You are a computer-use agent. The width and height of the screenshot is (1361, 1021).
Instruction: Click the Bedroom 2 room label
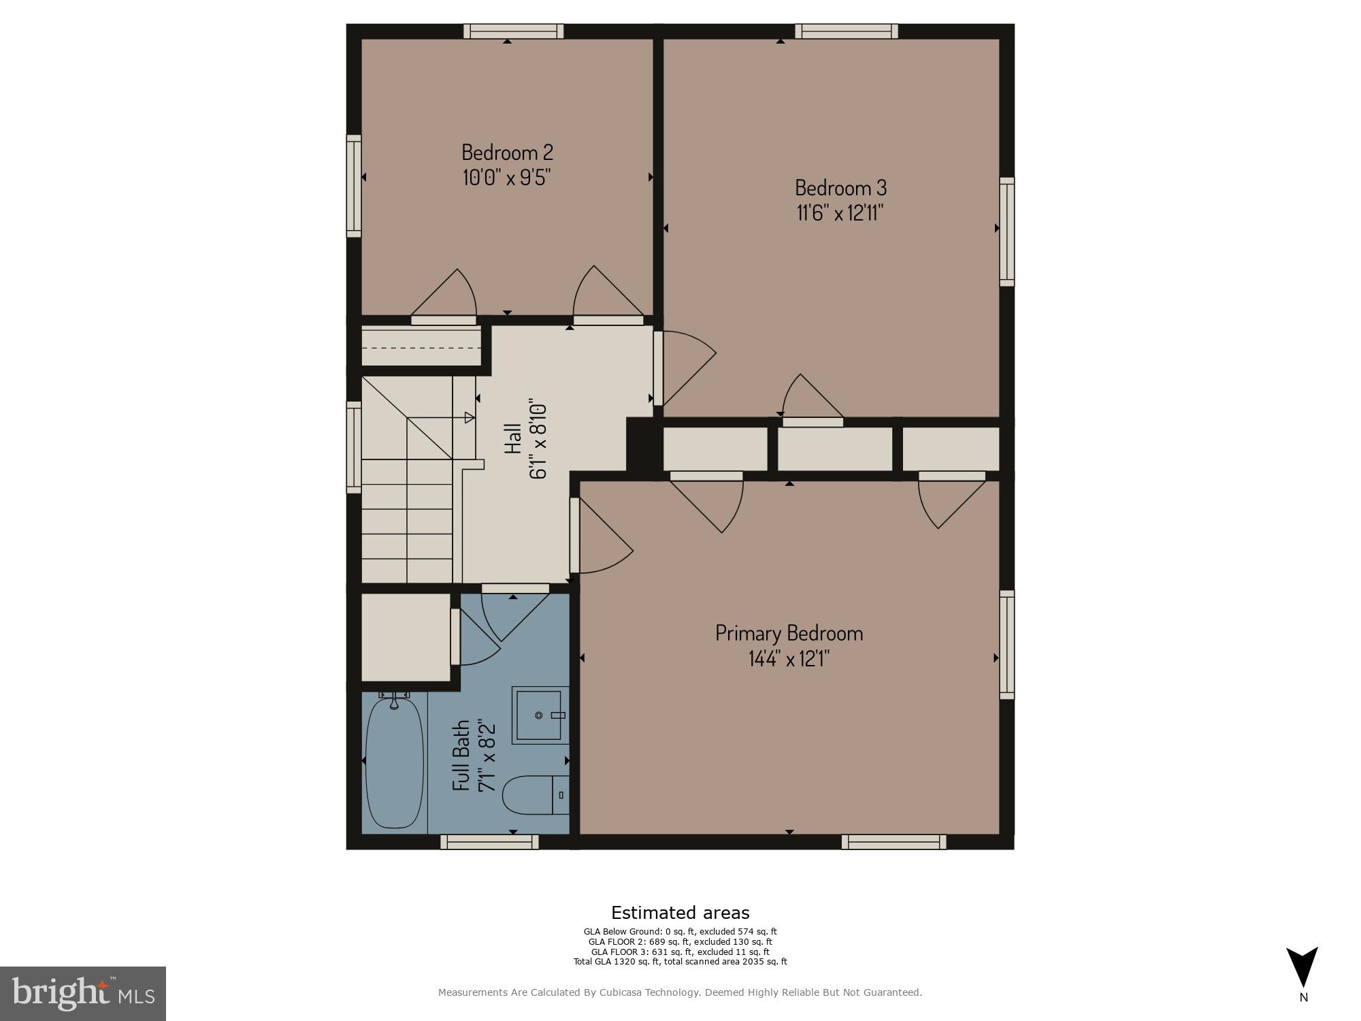(507, 151)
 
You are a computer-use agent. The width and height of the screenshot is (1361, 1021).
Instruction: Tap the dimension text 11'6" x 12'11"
(840, 213)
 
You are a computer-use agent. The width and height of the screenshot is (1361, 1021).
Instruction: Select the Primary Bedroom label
(789, 633)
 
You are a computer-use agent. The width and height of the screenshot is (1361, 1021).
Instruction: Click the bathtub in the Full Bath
(395, 762)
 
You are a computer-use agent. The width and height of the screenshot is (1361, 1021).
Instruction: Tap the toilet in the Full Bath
(535, 795)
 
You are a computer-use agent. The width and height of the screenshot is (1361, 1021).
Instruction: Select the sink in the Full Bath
(539, 715)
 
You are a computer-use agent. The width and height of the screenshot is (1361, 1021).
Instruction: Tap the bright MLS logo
(83, 993)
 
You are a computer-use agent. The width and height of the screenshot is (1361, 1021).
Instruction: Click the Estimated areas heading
(680, 913)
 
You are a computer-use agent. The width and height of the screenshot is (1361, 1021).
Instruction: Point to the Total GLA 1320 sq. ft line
(680, 962)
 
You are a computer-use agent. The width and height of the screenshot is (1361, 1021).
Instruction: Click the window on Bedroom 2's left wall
(354, 186)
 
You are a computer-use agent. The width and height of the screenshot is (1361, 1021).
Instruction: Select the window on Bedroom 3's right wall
(1006, 231)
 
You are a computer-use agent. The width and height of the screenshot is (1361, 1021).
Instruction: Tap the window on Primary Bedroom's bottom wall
(893, 842)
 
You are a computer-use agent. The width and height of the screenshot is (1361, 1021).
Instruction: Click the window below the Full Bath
(489, 842)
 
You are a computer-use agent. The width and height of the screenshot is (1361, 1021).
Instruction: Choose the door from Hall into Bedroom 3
(684, 368)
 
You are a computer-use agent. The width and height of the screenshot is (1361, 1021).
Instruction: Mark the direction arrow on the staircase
(470, 417)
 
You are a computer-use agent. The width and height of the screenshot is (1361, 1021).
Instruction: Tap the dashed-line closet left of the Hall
(421, 347)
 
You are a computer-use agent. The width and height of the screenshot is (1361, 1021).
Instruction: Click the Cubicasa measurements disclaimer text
(680, 992)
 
